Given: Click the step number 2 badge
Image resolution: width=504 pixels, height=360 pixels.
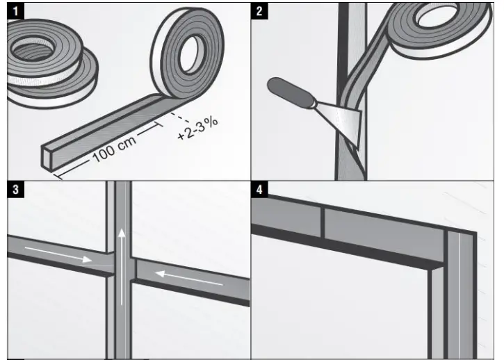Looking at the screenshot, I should tap(259, 10).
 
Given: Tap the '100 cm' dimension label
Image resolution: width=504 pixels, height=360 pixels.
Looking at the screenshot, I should tap(114, 146).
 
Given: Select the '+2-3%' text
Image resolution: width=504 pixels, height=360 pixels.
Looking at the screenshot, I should tap(197, 129).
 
